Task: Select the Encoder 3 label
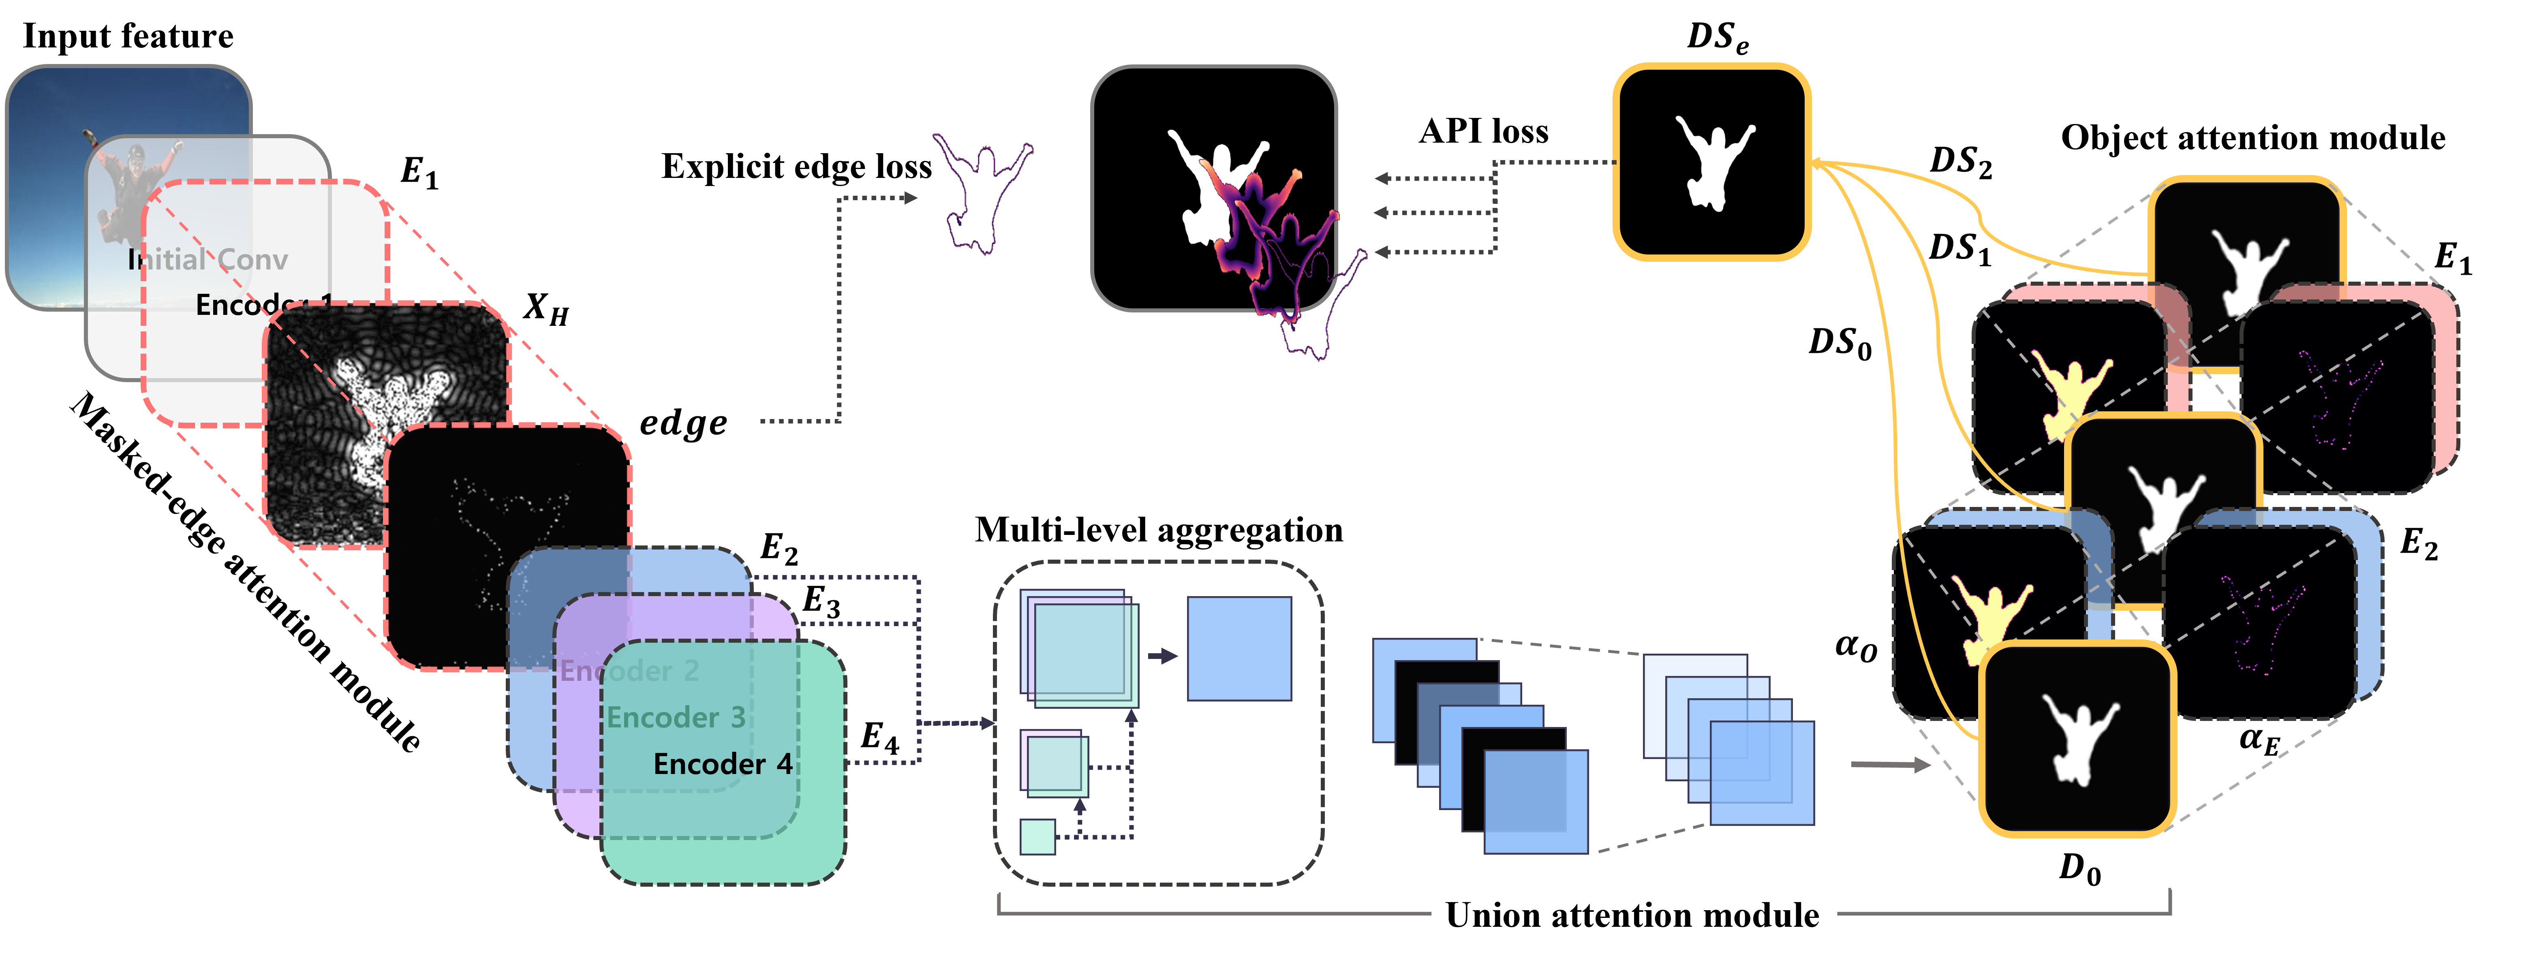click(676, 717)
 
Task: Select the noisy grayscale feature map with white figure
click(387, 421)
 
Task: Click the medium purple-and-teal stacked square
click(1055, 762)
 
